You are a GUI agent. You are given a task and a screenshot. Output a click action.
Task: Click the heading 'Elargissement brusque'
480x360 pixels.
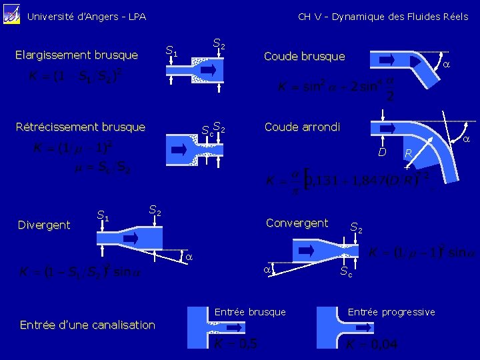76,55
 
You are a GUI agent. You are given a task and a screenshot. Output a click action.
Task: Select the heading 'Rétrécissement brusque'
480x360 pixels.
80,127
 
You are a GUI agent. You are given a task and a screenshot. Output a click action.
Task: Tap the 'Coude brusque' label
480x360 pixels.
305,56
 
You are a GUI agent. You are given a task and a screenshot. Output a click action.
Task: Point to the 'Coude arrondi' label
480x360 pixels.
302,127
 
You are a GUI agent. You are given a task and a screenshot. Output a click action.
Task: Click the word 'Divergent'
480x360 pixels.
44,225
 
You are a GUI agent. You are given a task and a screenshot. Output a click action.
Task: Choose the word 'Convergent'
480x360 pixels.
297,223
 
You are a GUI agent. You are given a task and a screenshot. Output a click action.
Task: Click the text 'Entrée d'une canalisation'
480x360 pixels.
87,325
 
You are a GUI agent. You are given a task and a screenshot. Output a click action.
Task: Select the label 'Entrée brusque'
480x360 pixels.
250,312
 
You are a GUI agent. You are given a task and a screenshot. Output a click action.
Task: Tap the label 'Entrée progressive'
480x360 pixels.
391,312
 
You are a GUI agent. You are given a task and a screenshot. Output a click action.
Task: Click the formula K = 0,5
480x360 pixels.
236,343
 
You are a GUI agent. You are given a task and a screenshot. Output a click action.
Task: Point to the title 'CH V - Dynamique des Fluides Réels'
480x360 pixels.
383,17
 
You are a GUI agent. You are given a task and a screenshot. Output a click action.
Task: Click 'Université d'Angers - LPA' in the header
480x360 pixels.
86,17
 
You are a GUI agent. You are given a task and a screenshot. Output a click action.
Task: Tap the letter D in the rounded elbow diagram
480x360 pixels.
382,153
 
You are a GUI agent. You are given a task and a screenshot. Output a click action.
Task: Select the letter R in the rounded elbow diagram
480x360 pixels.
409,154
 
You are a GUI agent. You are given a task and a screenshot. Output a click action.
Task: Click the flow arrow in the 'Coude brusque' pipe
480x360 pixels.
388,59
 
